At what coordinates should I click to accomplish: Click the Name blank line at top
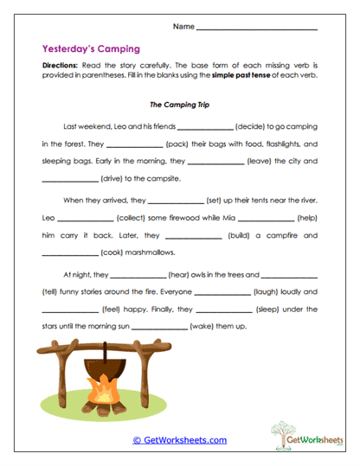click(257, 29)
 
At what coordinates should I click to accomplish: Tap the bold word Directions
click(60, 66)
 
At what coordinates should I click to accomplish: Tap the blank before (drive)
click(70, 180)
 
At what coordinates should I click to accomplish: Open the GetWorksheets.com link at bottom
click(179, 440)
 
